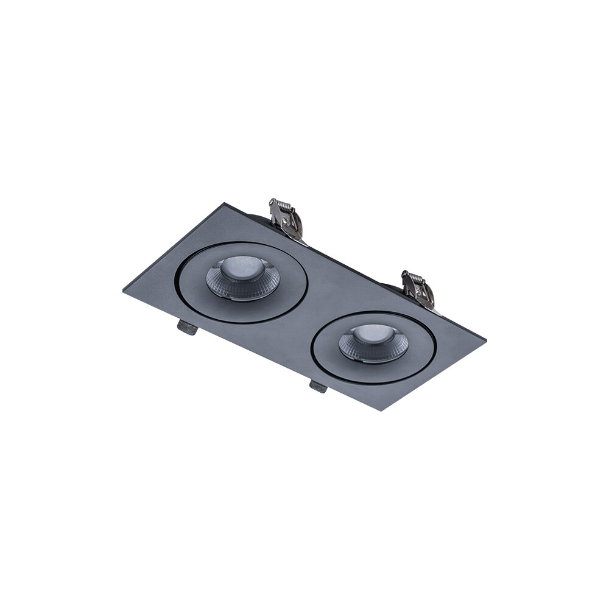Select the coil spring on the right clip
[413, 276]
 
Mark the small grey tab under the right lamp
[318, 385]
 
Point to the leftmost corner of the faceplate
[124, 291]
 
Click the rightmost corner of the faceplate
[485, 339]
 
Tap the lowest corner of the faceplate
[381, 410]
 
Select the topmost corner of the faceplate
[226, 203]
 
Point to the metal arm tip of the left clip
[302, 240]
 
